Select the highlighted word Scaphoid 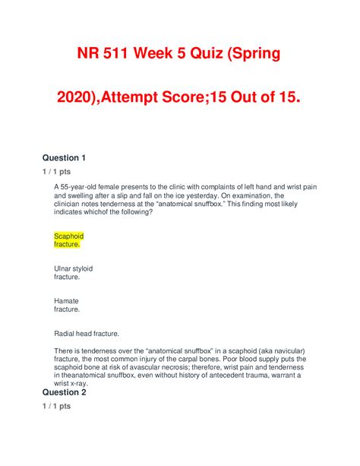click(x=68, y=236)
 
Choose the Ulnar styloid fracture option click(x=73, y=273)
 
